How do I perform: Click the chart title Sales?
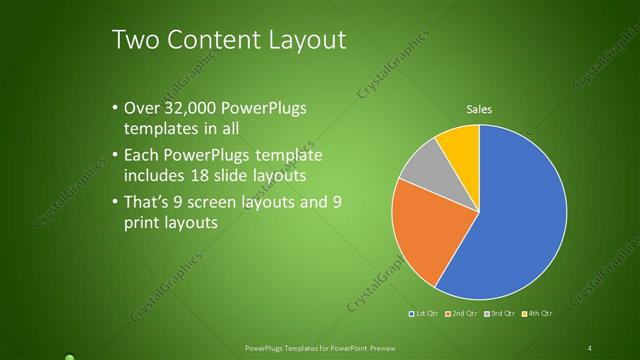480,109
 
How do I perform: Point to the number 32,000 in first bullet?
182,109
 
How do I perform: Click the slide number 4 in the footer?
590,347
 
